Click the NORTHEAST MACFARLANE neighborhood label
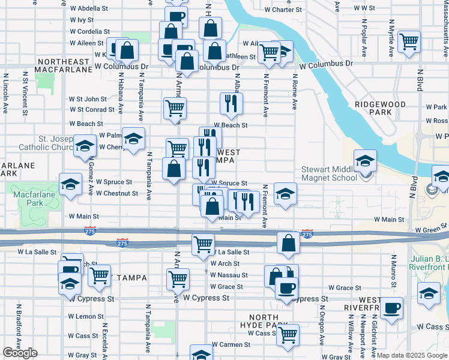click(62, 66)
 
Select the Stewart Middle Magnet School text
click(330, 173)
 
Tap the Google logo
click(20, 353)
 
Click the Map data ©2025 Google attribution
click(412, 355)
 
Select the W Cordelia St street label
click(89, 31)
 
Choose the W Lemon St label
click(86, 316)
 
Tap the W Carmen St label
click(231, 345)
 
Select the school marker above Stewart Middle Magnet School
click(365, 160)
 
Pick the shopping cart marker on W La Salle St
click(203, 244)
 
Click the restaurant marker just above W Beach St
click(231, 103)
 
